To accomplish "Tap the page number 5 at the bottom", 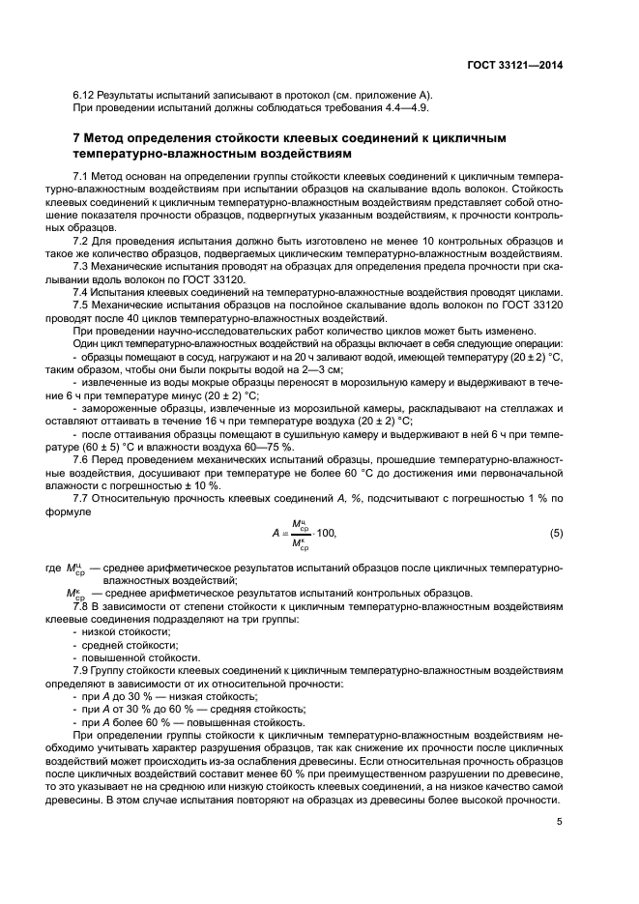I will coord(559,822).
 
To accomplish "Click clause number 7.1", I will coord(82,175).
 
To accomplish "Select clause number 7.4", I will coord(82,291).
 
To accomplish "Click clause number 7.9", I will coord(82,670).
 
